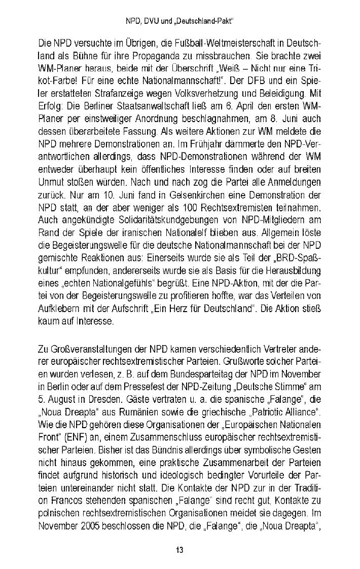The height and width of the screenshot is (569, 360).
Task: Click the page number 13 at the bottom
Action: [179, 550]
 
